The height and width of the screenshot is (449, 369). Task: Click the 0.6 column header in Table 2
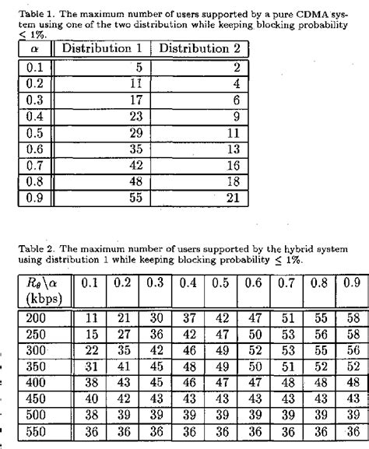tap(253, 282)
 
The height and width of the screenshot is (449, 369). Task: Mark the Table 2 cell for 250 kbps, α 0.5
tap(220, 334)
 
